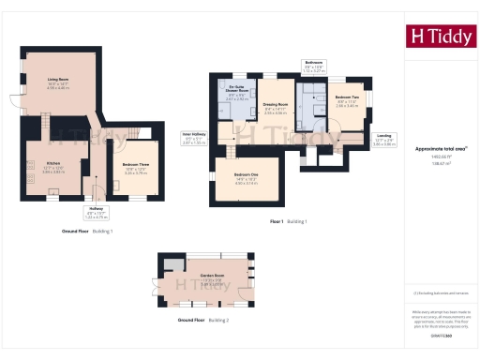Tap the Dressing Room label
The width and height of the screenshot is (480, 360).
pyautogui.click(x=275, y=108)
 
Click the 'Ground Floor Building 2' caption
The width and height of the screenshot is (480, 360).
pyautogui.click(x=202, y=321)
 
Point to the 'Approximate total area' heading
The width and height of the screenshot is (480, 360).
pyautogui.click(x=441, y=148)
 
